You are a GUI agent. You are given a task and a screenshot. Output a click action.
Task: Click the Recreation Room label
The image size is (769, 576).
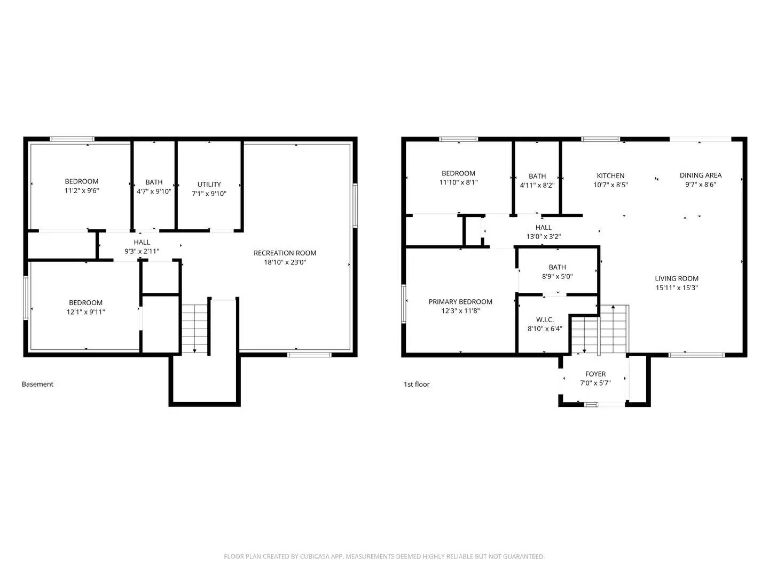tap(285, 253)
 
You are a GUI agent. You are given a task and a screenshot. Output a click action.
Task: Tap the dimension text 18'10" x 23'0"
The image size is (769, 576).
tap(285, 262)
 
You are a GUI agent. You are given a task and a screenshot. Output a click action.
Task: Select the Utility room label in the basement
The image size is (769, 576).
tap(209, 185)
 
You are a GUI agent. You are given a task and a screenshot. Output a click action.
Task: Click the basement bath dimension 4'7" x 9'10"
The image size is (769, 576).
tap(154, 191)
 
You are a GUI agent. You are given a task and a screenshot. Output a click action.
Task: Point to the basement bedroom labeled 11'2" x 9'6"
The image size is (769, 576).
tap(82, 186)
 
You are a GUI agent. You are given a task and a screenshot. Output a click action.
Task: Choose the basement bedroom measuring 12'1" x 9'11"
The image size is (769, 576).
tap(85, 307)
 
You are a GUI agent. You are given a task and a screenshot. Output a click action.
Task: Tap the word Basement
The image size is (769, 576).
tap(37, 384)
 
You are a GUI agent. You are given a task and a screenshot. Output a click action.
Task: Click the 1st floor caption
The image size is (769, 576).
tap(417, 384)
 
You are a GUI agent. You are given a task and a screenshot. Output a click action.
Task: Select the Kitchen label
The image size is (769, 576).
tap(610, 175)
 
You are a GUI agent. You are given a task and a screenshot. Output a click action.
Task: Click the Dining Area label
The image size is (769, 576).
tap(701, 175)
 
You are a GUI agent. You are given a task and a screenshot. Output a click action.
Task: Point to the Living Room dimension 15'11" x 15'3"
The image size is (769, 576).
tap(677, 287)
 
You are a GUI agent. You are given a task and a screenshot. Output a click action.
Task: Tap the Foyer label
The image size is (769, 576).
tap(595, 374)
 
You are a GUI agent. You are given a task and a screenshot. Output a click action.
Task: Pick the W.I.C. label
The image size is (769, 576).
tap(545, 319)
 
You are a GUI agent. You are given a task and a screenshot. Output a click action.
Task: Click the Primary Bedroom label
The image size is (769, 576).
tap(460, 301)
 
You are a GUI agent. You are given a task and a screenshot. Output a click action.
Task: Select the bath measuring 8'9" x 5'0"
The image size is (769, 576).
tap(557, 272)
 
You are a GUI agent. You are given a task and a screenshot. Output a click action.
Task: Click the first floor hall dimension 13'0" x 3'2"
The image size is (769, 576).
tap(544, 236)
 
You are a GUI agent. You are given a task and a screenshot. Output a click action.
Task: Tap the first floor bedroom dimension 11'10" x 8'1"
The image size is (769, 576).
tap(458, 182)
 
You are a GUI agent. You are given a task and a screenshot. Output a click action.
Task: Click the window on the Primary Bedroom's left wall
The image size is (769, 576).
tap(404, 303)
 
